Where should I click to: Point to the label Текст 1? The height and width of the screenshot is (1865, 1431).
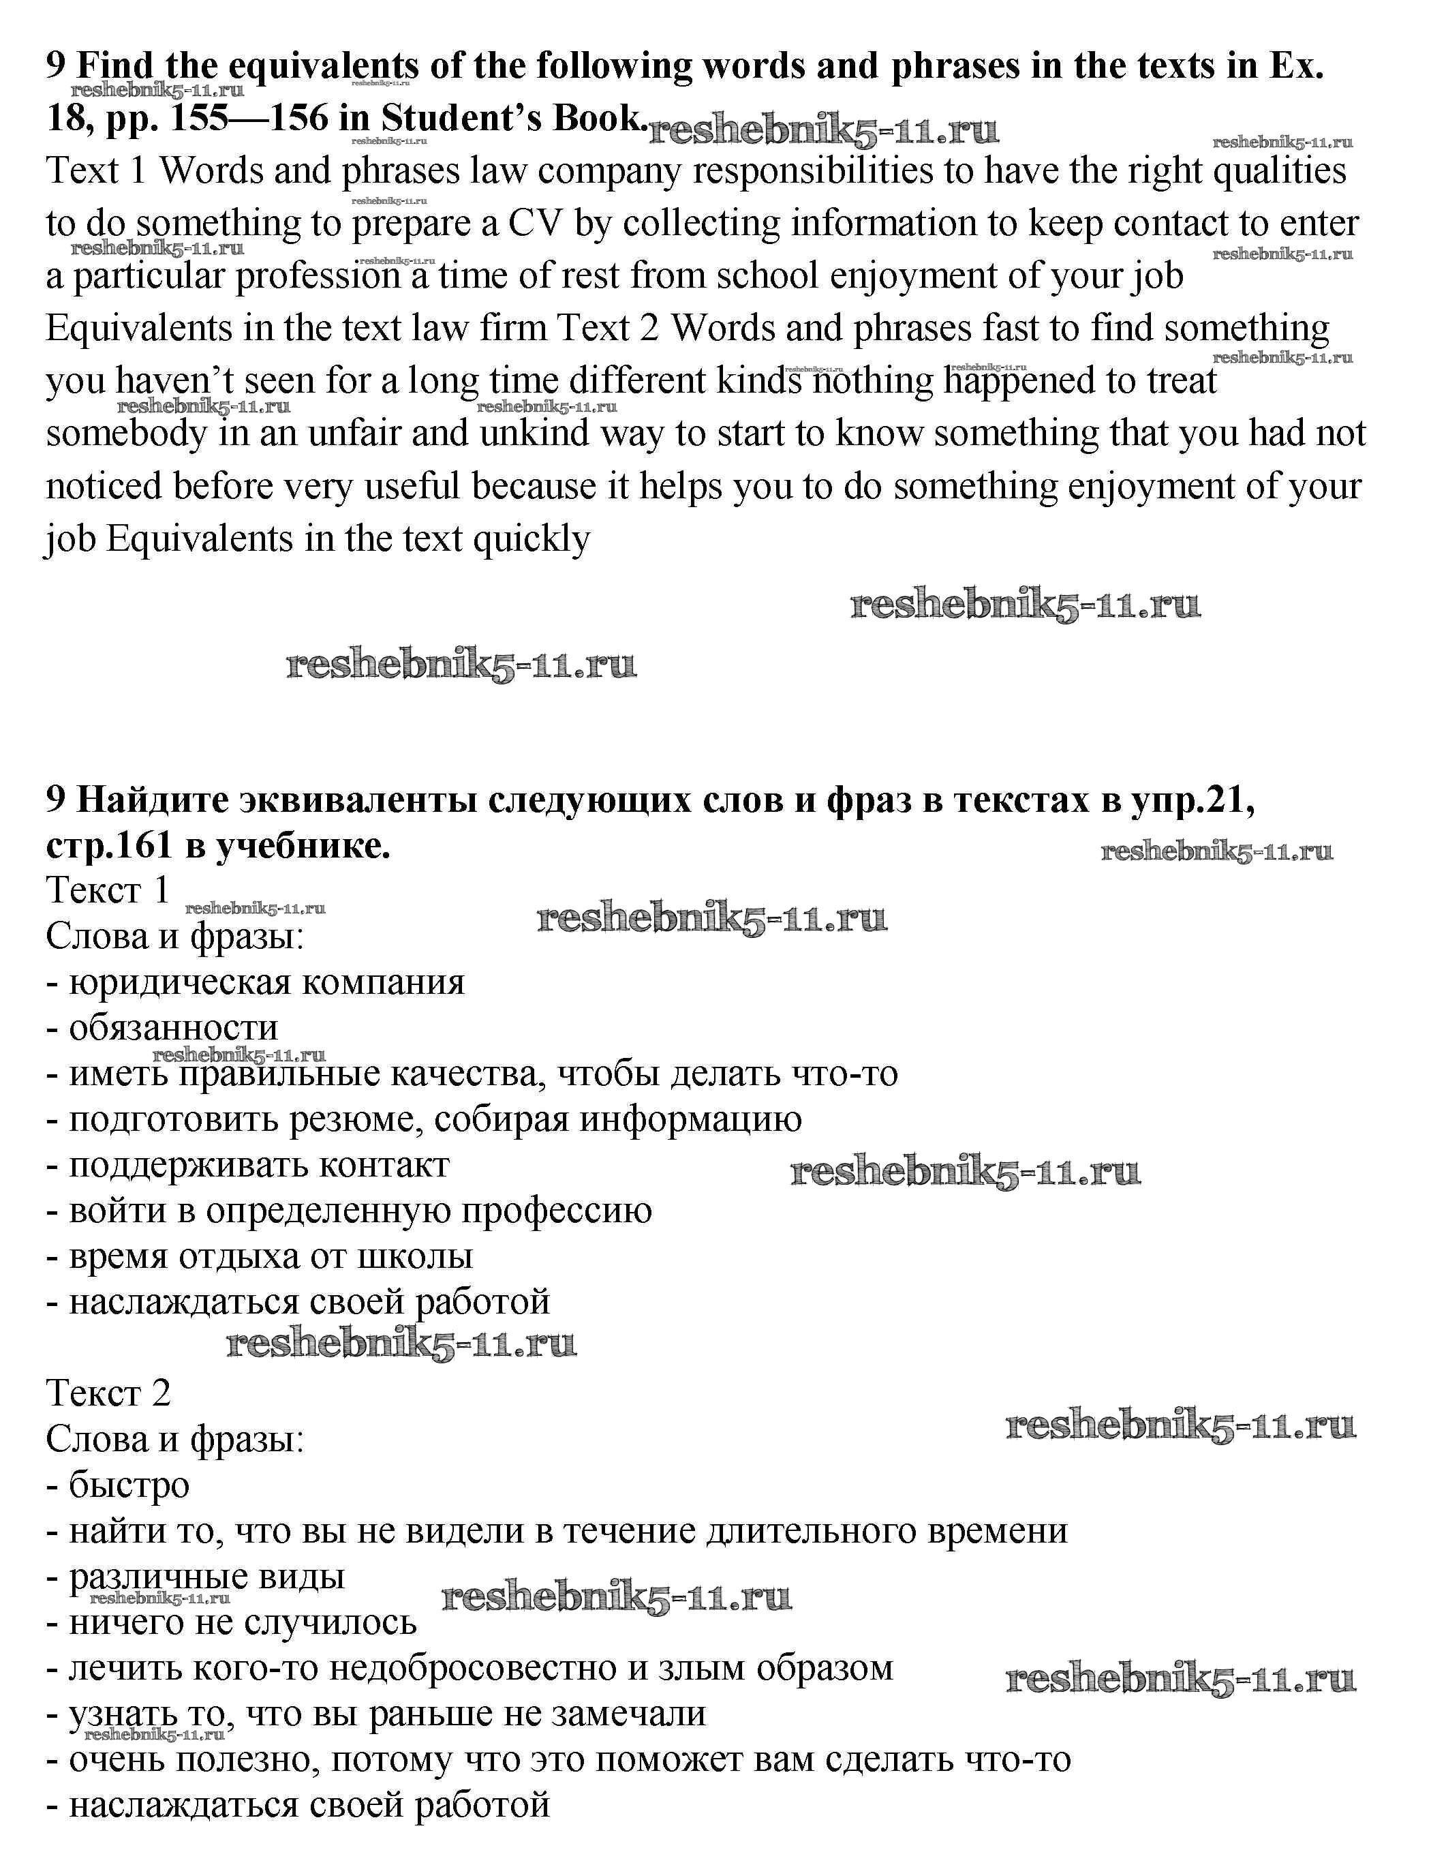pyautogui.click(x=108, y=890)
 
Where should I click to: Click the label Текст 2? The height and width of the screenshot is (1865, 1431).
pyautogui.click(x=108, y=1393)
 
